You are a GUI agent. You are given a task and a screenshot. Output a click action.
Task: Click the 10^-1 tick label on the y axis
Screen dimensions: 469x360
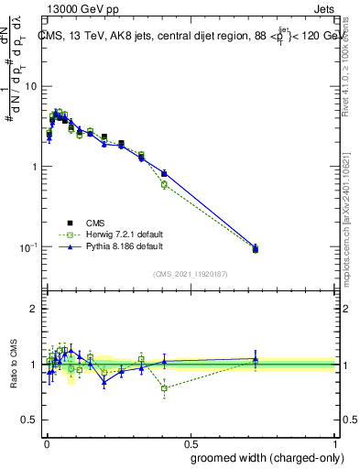[30, 247]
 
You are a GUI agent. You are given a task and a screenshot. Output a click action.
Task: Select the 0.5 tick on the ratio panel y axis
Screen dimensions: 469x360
[32, 420]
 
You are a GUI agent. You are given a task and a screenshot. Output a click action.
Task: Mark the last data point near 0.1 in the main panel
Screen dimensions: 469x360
[256, 249]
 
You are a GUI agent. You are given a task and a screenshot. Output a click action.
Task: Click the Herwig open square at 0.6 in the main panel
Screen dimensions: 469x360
[164, 185]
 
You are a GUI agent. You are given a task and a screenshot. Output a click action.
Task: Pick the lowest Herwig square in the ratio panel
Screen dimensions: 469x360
[164, 388]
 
